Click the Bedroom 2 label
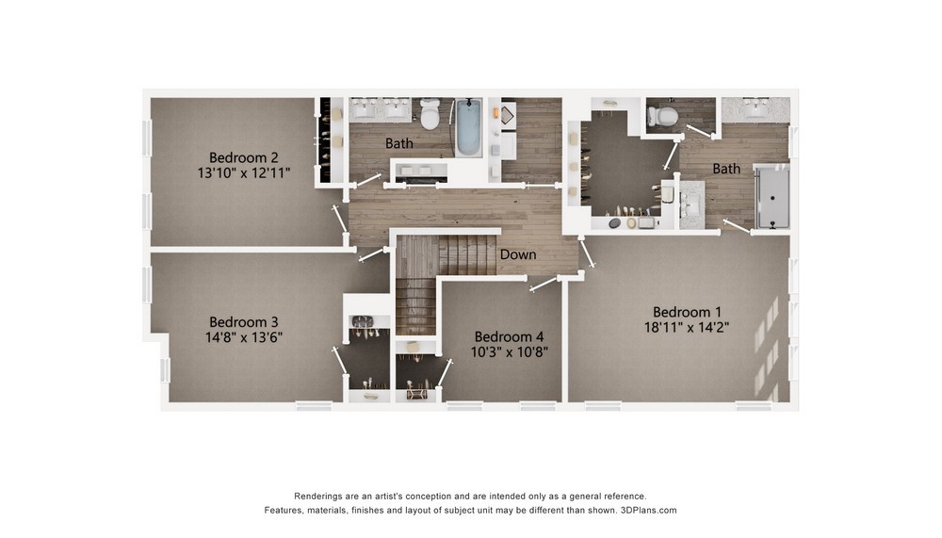click(x=243, y=157)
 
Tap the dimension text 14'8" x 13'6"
click(x=244, y=337)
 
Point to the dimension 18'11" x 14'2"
click(x=687, y=327)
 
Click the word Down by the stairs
click(x=518, y=254)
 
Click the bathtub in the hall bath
click(x=468, y=127)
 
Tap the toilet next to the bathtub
click(x=430, y=114)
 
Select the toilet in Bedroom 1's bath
click(x=662, y=116)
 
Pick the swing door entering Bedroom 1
click(x=587, y=252)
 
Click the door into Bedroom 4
click(x=544, y=285)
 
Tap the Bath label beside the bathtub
click(x=398, y=143)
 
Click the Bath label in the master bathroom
click(x=726, y=169)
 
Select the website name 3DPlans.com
click(x=648, y=511)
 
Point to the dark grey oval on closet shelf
click(x=614, y=223)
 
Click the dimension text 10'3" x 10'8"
click(x=509, y=351)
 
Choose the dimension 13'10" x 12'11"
click(x=244, y=173)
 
